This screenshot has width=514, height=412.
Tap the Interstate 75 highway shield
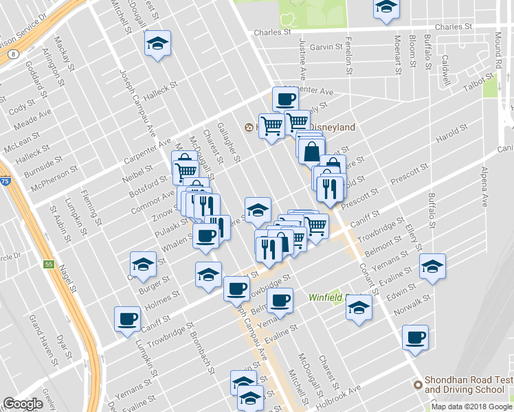[5, 181]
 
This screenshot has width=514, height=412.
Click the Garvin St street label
[326, 47]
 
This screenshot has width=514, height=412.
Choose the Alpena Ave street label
[484, 186]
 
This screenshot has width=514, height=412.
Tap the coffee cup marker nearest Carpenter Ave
[285, 98]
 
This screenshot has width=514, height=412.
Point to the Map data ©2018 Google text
[471, 407]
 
